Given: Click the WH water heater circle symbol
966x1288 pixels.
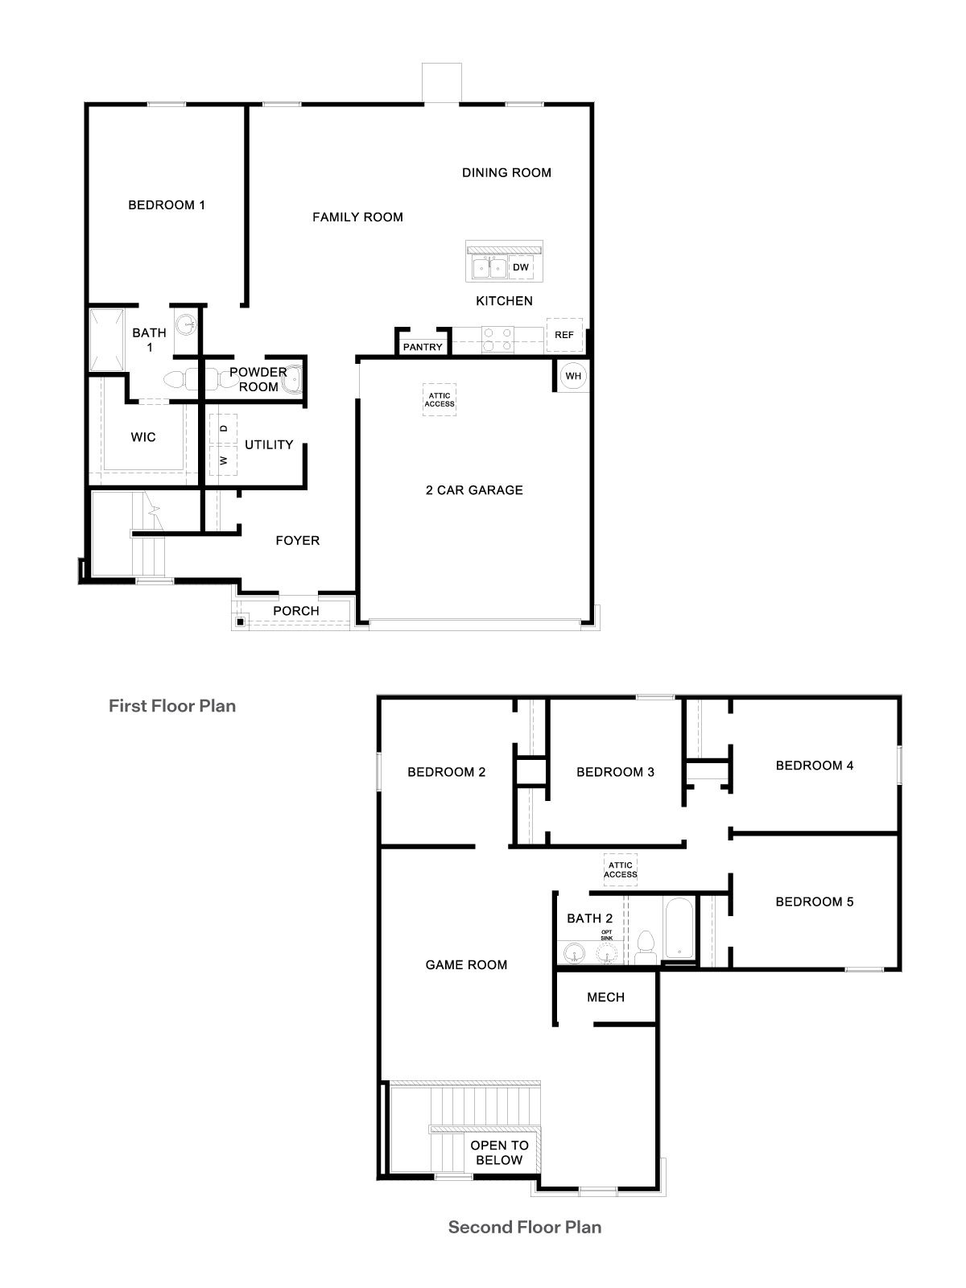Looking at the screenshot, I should (x=573, y=376).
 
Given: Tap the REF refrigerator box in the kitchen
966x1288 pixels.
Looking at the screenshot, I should (x=564, y=335).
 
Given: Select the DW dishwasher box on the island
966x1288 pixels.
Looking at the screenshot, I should (x=521, y=267).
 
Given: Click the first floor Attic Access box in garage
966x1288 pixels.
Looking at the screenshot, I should (x=440, y=399).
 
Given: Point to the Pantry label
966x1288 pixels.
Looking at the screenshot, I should (x=423, y=347).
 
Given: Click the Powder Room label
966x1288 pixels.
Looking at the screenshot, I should (x=258, y=379).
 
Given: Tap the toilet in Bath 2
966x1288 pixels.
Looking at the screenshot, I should (x=646, y=947).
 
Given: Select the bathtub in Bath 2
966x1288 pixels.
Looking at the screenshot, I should (x=679, y=928).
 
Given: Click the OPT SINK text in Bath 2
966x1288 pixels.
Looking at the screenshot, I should (x=607, y=935).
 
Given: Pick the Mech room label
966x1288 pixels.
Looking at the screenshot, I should (x=605, y=997).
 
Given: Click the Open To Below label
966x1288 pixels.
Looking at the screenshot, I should (x=499, y=1153).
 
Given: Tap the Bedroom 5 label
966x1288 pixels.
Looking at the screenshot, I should (x=814, y=902).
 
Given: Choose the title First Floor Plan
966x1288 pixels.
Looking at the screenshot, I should (x=172, y=706).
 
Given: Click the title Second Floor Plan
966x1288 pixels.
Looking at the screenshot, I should (x=525, y=1227).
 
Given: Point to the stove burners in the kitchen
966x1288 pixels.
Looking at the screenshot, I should (x=497, y=339).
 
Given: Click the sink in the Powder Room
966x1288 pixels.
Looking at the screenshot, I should (x=293, y=377).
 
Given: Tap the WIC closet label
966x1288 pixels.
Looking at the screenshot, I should (x=143, y=437).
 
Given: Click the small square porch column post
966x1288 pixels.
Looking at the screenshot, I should (x=240, y=621).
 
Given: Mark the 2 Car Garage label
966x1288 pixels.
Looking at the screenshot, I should (x=474, y=490).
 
